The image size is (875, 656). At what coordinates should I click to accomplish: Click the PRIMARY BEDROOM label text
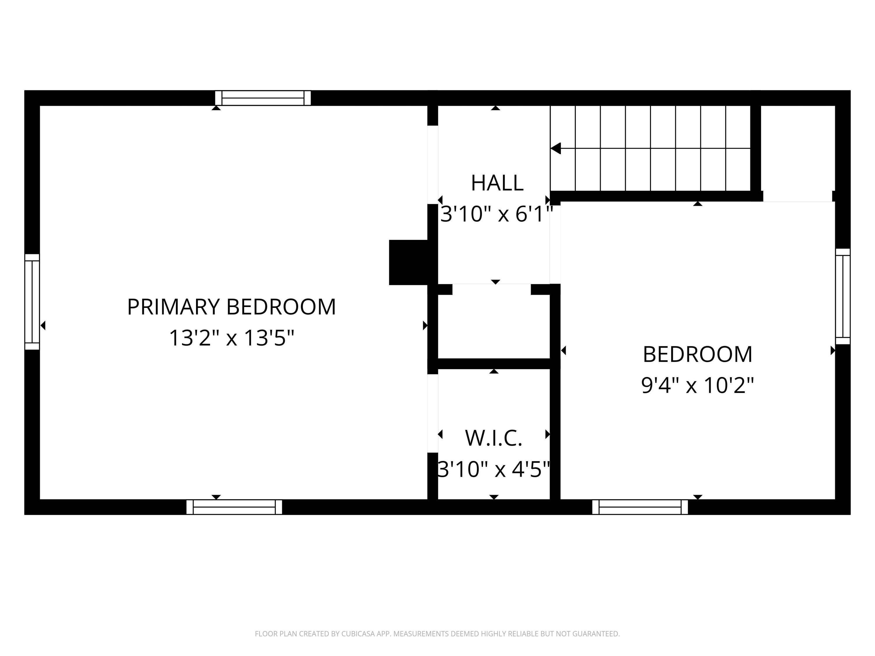click(231, 307)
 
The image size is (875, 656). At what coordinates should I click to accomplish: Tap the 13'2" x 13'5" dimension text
click(231, 338)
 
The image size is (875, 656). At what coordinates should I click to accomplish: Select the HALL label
click(497, 183)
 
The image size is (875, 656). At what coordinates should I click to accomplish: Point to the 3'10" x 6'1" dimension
click(496, 214)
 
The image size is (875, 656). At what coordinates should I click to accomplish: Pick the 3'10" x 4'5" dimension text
click(494, 469)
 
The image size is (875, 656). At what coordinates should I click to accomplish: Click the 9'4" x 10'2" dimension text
click(697, 385)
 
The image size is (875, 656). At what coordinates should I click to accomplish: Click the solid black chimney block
click(409, 262)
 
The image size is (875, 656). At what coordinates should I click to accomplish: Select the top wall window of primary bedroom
click(263, 98)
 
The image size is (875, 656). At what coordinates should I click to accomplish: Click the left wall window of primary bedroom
click(32, 302)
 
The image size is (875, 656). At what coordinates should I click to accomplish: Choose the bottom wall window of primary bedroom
click(234, 507)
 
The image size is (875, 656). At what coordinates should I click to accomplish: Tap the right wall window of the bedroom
click(843, 297)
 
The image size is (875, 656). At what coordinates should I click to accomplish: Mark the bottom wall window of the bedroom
click(640, 507)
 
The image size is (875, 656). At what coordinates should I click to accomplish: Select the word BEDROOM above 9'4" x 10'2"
click(697, 354)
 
